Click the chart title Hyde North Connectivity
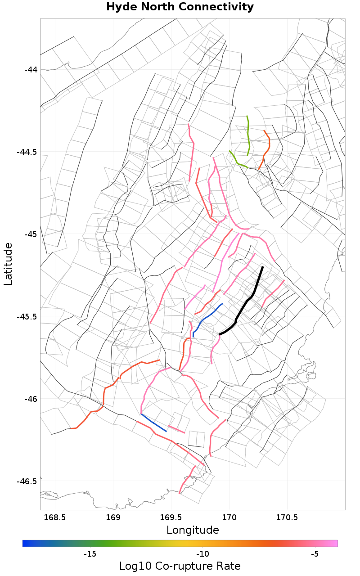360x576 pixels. [x=180, y=7]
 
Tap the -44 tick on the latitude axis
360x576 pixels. [x=31, y=70]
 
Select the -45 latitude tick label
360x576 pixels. [x=31, y=234]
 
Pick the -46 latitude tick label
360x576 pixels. [x=31, y=399]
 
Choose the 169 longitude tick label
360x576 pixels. [x=113, y=517]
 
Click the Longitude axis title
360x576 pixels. [x=193, y=530]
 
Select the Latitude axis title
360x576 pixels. [x=8, y=264]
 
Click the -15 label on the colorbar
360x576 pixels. [x=90, y=553]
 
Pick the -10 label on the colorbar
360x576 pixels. [x=202, y=553]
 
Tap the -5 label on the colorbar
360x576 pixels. [x=315, y=553]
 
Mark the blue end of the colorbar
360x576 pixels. [x=25, y=544]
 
